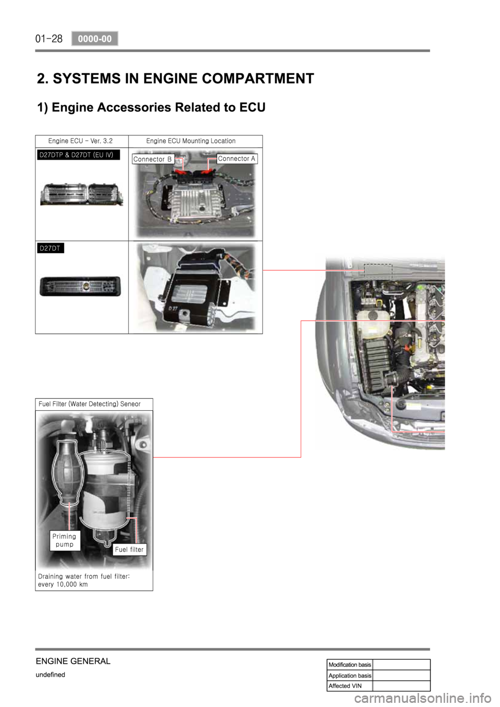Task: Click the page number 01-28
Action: (x=49, y=39)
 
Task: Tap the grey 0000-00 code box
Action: (x=95, y=39)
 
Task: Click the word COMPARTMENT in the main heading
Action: (x=258, y=78)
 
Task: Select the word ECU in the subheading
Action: (x=253, y=107)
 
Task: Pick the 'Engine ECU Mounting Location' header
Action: (x=191, y=141)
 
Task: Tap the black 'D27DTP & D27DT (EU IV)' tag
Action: (x=78, y=155)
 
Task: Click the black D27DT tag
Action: (x=51, y=248)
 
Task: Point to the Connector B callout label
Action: (x=153, y=159)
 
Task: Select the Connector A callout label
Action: (x=237, y=159)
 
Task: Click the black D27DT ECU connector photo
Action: (x=80, y=286)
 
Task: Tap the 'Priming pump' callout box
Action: (x=65, y=540)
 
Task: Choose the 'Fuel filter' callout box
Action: (x=129, y=549)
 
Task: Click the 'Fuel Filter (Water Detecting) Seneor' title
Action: (x=90, y=404)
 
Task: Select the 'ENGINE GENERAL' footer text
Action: (x=73, y=661)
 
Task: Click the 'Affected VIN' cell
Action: (x=350, y=686)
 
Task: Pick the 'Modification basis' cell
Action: (x=350, y=665)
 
